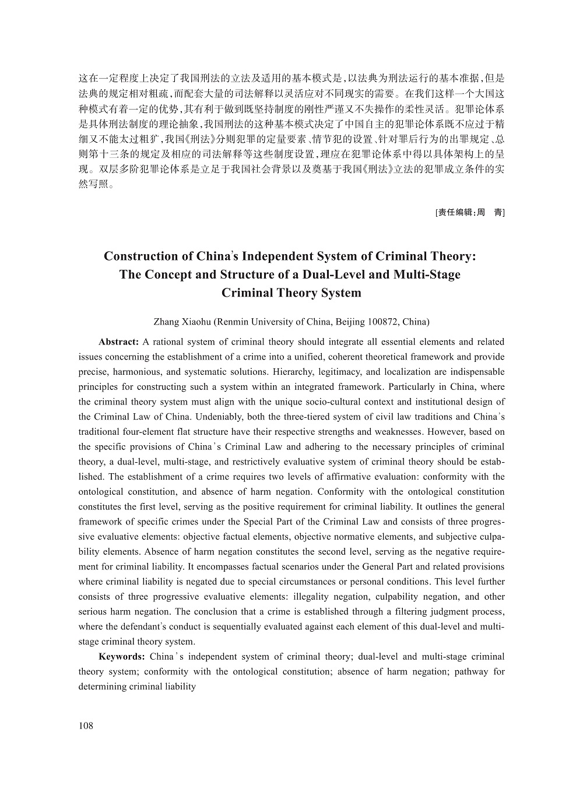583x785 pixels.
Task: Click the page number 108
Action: click(86, 726)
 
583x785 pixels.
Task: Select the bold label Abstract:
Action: click(118, 342)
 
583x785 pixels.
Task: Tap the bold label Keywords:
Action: click(122, 657)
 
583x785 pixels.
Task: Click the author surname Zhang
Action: click(166, 322)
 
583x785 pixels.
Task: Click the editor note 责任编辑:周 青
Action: click(470, 213)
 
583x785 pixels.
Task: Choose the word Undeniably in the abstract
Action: click(217, 417)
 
